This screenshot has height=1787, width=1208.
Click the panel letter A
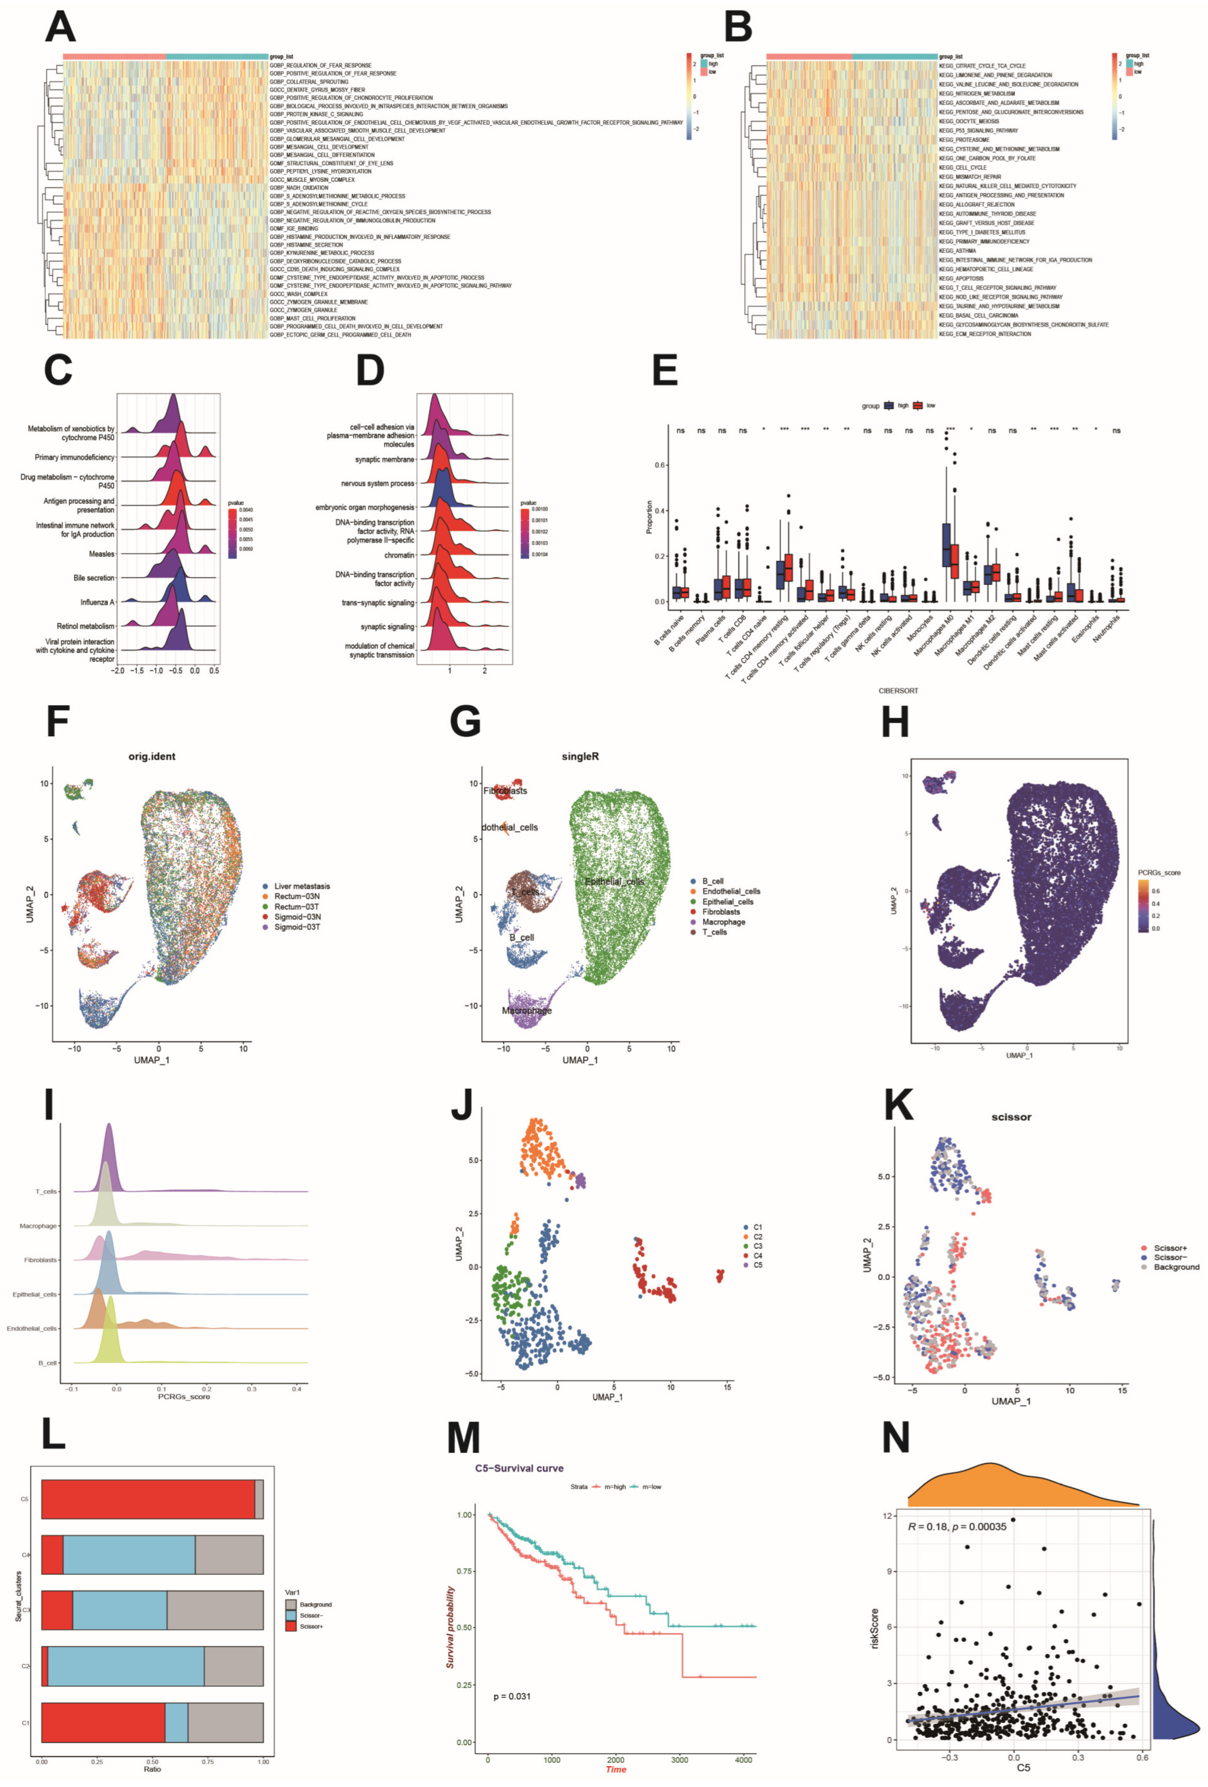pos(60,27)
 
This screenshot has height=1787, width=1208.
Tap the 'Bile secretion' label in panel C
pos(94,578)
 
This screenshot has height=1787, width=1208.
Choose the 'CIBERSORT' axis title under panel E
pos(898,690)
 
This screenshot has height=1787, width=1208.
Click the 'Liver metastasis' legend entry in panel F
pos(302,886)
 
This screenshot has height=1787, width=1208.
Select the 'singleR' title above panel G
pos(580,757)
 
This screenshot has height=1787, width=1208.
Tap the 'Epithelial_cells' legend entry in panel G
pos(727,901)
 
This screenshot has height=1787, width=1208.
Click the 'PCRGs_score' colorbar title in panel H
pos(1159,873)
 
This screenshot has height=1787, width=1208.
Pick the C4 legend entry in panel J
pos(757,1255)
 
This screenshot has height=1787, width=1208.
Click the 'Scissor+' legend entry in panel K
pos(1170,1248)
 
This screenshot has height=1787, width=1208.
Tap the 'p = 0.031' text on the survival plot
pos(511,1695)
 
